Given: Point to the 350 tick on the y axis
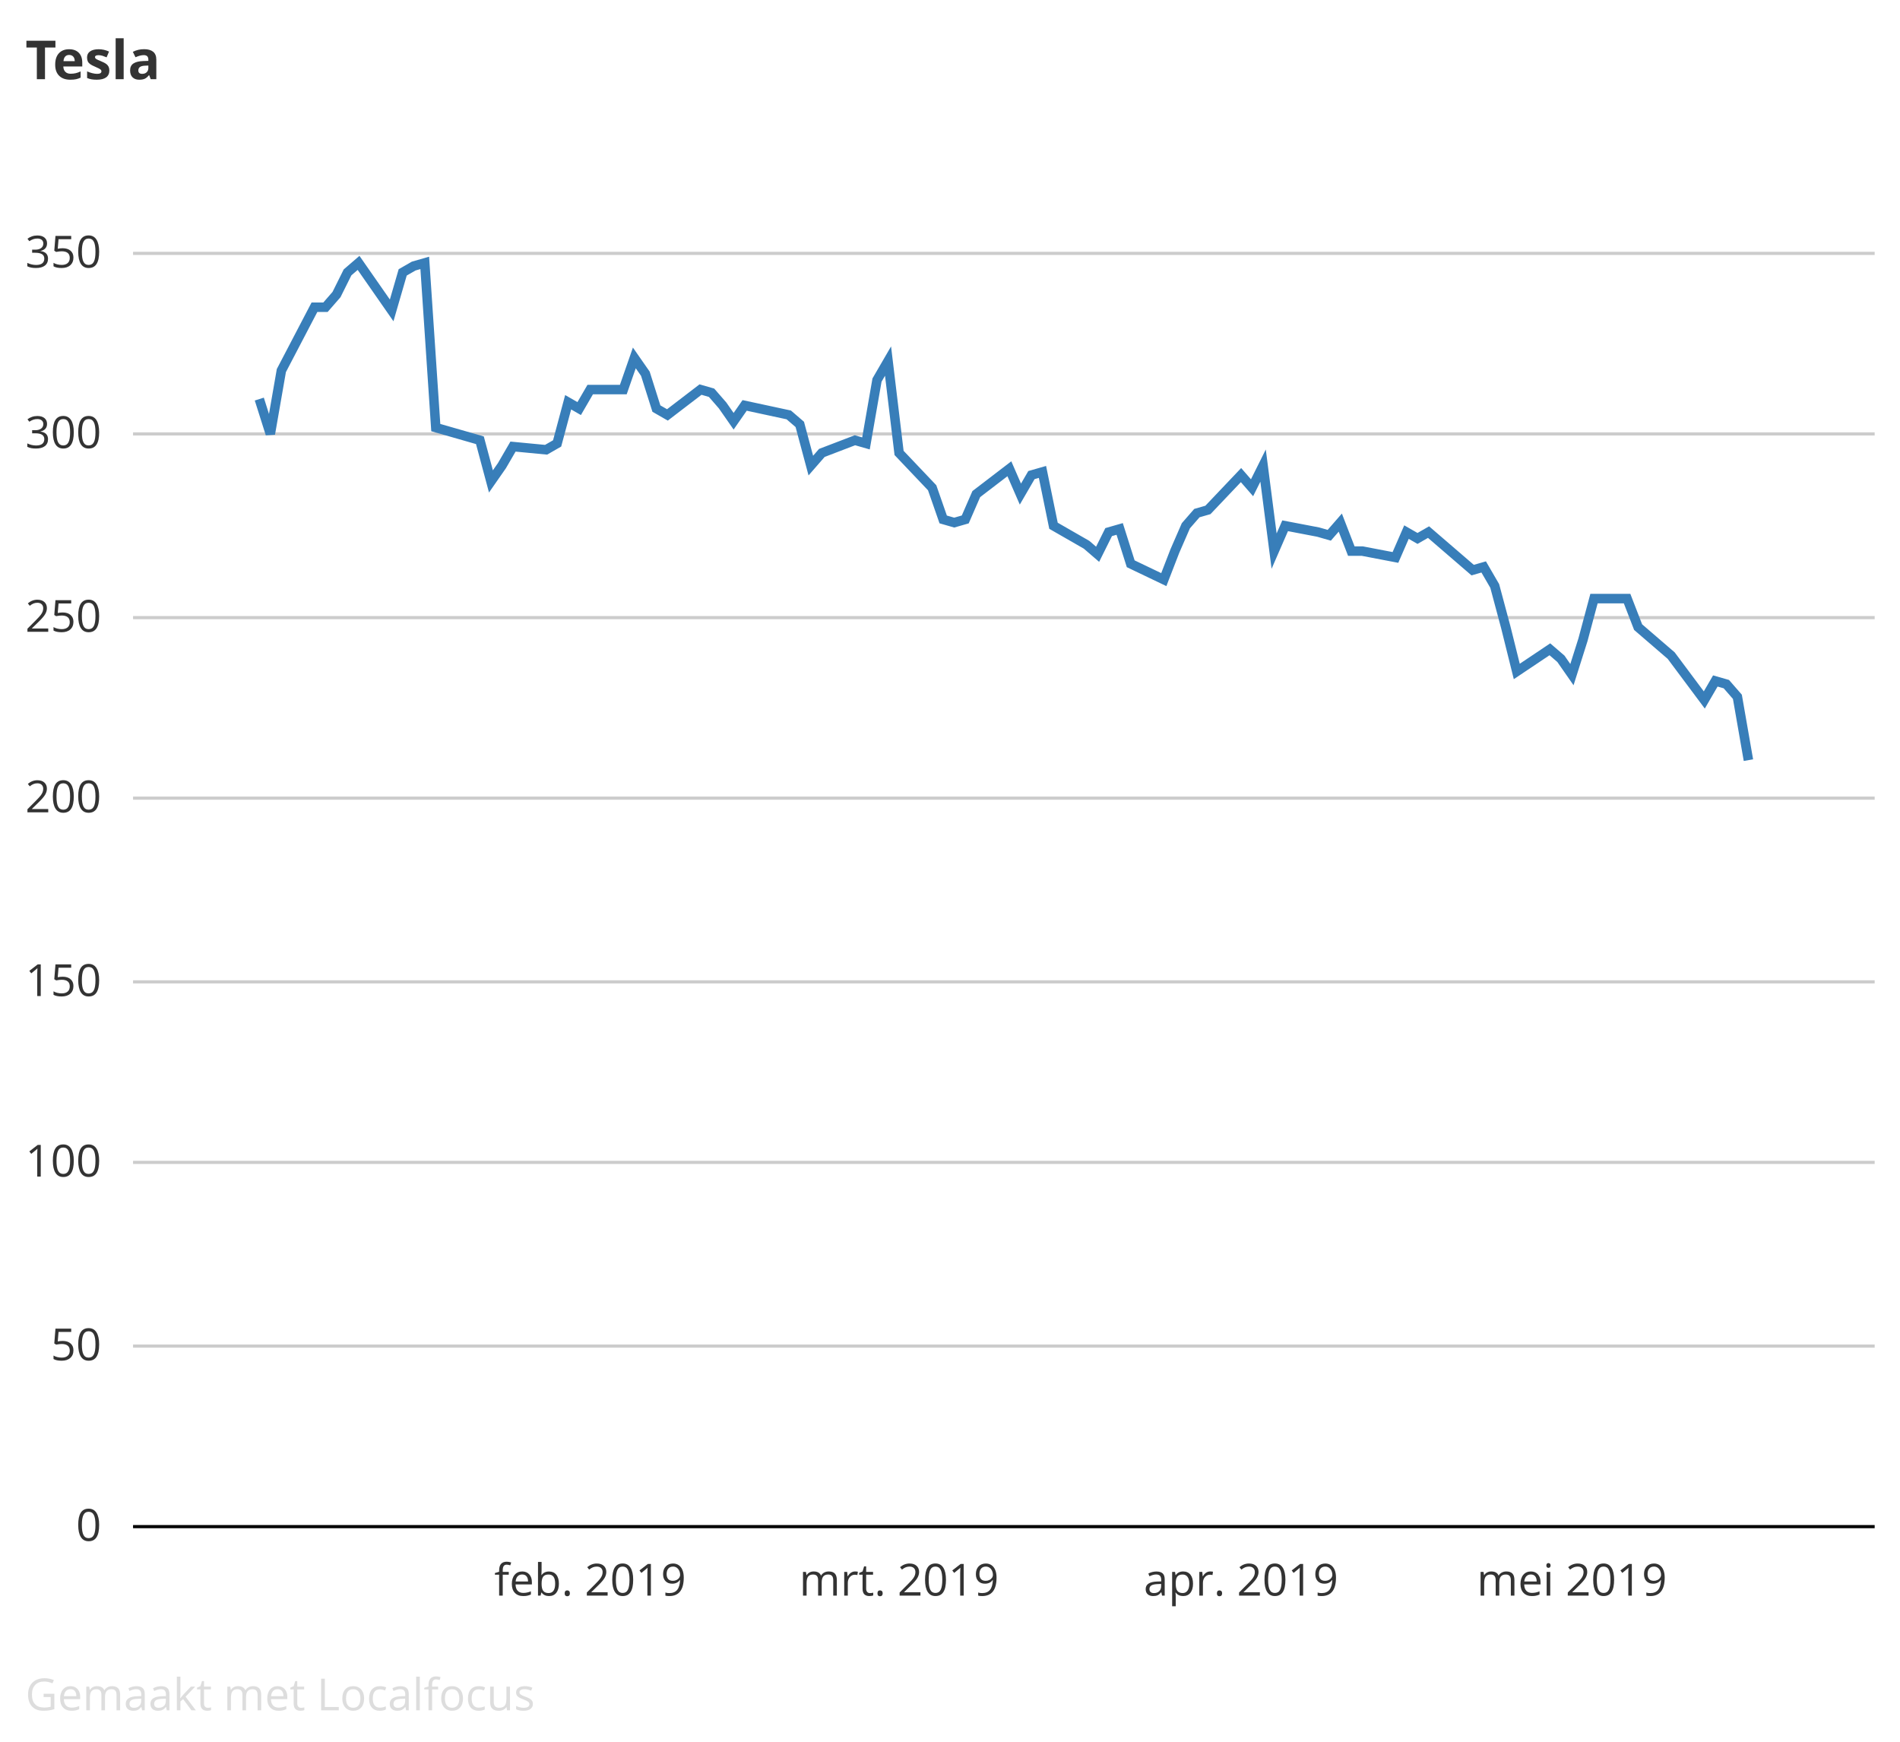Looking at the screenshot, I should tap(62, 254).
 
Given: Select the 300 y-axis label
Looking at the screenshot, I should tap(62, 435).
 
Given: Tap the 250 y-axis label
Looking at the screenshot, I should tap(62, 619).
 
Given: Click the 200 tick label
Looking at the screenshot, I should tap(62, 798).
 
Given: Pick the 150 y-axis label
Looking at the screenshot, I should tap(62, 982).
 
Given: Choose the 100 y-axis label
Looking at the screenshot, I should tap(62, 1162).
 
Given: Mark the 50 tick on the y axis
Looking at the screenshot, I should tap(75, 1346).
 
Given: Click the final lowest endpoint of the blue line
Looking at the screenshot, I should tap(1748, 759).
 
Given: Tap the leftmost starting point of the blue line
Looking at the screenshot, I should tap(259, 401).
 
